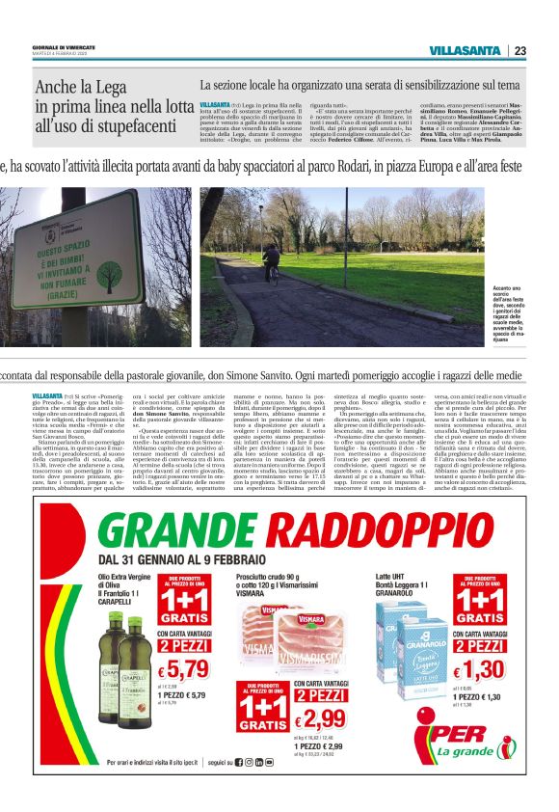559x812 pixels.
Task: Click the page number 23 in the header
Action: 519,51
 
